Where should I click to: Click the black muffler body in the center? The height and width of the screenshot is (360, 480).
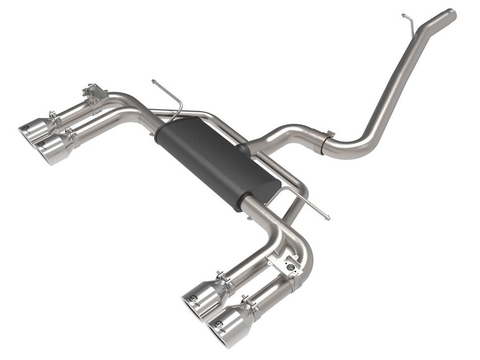click(x=215, y=161)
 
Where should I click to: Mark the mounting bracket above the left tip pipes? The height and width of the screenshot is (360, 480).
click(x=95, y=93)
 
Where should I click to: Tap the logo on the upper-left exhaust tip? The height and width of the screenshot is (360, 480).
click(x=25, y=128)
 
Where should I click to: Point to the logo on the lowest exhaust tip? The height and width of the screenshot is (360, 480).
click(x=218, y=326)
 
